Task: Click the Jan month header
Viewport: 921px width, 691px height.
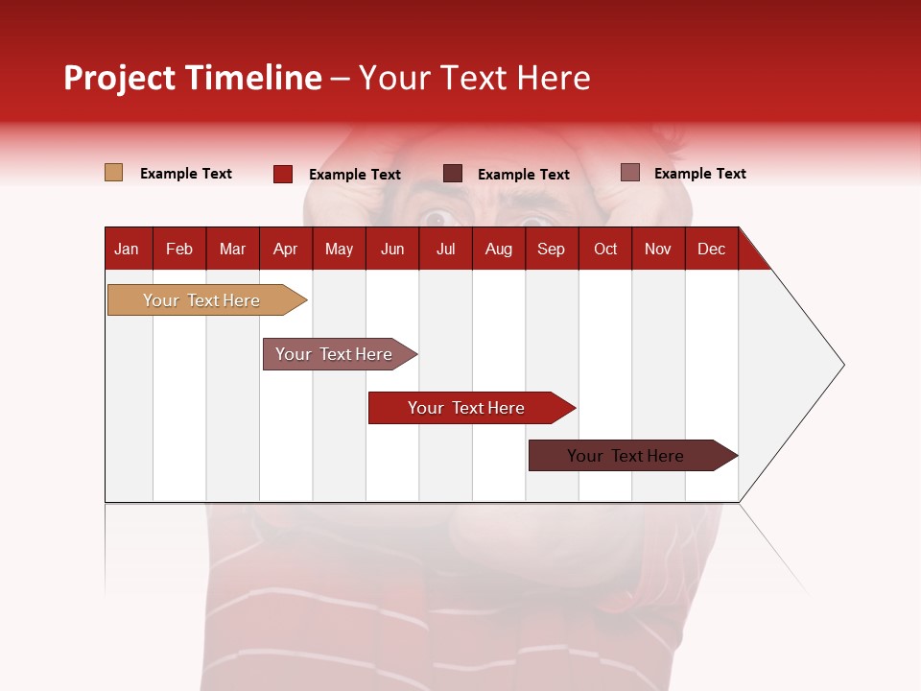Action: point(128,249)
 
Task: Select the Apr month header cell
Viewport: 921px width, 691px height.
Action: point(286,249)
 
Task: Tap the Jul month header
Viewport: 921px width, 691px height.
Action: point(445,249)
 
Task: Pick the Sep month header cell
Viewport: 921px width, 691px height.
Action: point(552,249)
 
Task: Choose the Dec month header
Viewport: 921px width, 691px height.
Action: point(711,249)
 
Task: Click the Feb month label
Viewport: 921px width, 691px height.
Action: point(179,249)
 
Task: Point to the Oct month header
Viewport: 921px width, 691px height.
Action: point(605,249)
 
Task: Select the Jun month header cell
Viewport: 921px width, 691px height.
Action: point(392,249)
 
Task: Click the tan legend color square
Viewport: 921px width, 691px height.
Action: point(114,173)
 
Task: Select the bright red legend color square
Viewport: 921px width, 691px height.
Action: point(283,174)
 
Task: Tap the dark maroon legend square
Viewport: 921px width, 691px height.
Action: point(453,174)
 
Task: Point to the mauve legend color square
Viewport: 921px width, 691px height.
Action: point(630,173)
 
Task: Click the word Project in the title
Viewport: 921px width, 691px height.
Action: point(118,78)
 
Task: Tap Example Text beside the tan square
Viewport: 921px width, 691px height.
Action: point(186,174)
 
